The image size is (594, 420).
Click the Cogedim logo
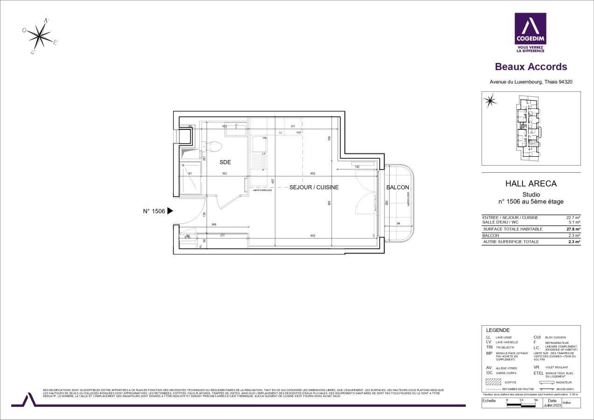click(530, 32)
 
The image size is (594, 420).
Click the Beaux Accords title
click(531, 67)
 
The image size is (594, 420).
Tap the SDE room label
click(225, 162)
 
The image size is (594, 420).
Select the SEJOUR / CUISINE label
click(314, 187)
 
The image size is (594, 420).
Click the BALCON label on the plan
click(398, 187)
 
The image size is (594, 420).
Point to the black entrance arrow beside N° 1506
click(170, 211)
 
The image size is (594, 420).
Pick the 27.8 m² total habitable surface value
click(573, 229)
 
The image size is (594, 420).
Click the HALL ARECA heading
click(531, 184)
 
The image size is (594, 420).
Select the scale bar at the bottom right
click(521, 405)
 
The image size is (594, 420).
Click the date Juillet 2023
click(552, 405)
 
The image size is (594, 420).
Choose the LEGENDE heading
click(498, 330)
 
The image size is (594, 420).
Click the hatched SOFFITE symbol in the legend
click(494, 382)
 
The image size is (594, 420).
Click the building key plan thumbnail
click(531, 128)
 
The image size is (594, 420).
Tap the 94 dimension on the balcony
click(398, 224)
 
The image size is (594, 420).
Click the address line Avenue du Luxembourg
click(531, 82)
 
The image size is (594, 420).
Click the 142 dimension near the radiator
click(357, 167)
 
